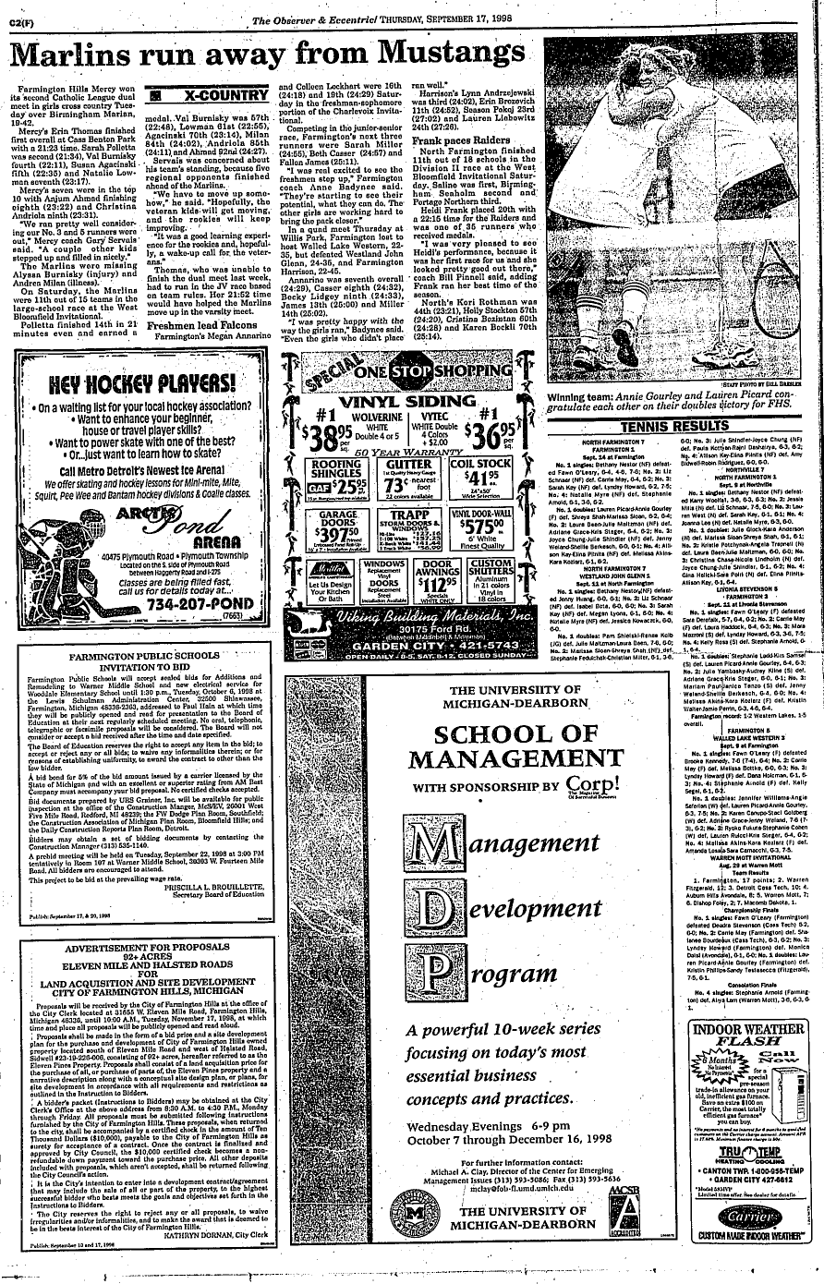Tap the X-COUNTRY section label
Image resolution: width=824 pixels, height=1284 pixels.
(x=219, y=95)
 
